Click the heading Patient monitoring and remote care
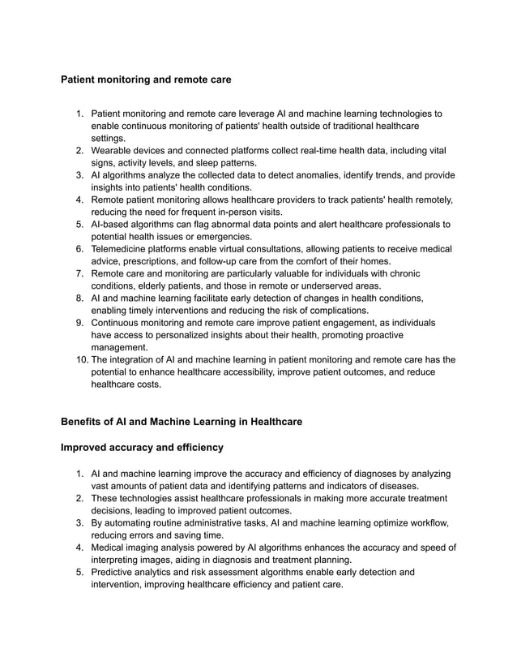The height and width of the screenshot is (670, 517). (x=147, y=80)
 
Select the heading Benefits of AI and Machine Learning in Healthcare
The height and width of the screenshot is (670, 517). (x=182, y=422)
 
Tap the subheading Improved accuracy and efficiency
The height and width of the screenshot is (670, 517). (x=143, y=447)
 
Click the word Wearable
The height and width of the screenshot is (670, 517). (x=113, y=151)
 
